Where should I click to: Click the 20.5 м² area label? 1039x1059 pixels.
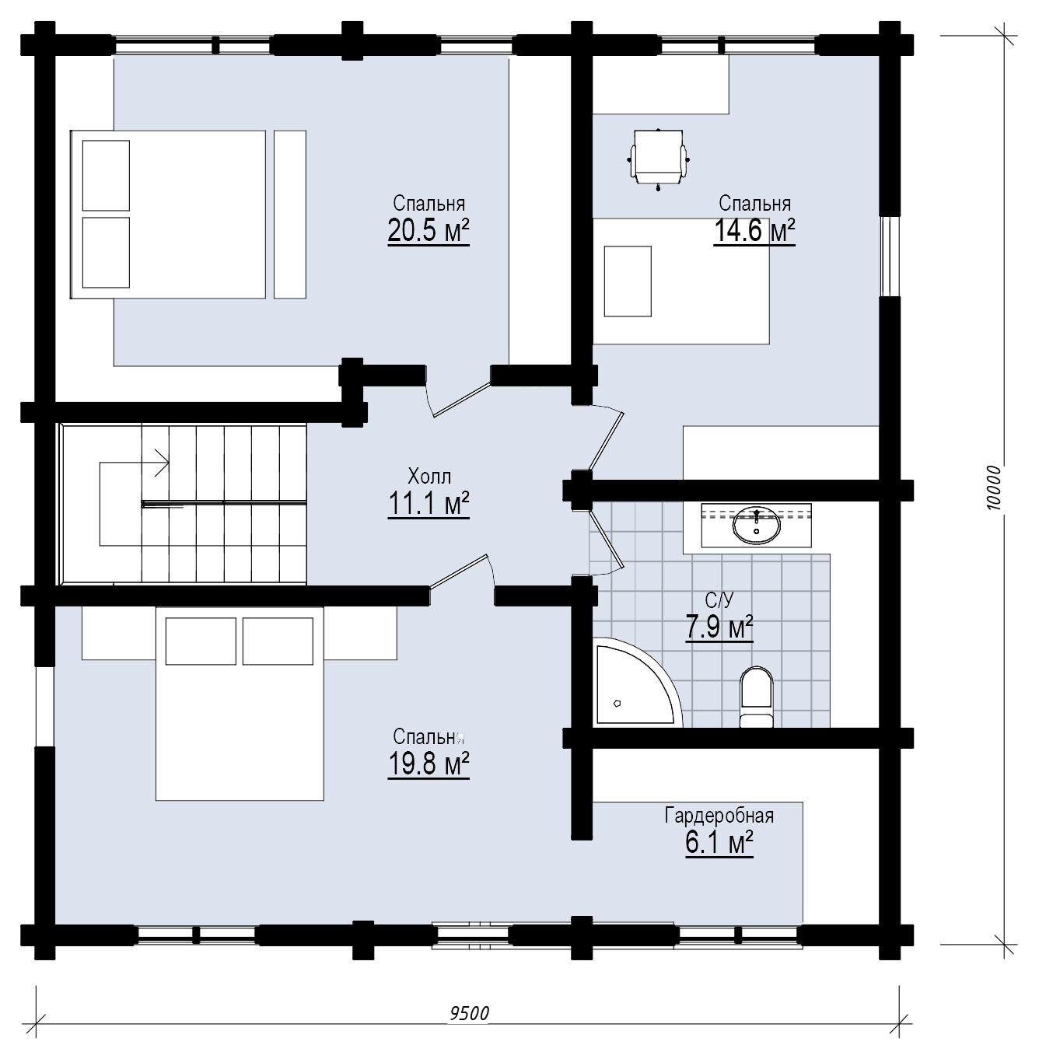tap(429, 230)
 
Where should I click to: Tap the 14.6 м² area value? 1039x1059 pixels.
tap(754, 230)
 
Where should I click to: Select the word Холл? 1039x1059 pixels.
tap(429, 476)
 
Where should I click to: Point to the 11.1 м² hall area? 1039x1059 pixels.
tap(429, 503)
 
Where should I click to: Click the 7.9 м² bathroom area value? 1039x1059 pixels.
tap(719, 627)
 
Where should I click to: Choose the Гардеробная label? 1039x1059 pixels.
tap(719, 816)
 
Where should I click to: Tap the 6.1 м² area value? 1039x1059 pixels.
tap(719, 843)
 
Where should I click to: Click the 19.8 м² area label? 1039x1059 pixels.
tap(429, 764)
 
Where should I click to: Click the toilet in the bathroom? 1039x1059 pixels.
tap(757, 697)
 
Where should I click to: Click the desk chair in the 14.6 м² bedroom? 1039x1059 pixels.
tap(658, 159)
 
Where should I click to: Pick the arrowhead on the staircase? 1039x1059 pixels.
tap(163, 463)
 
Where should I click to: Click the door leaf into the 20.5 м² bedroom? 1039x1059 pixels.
tap(462, 400)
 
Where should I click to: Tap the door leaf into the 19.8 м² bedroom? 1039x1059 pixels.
tap(459, 571)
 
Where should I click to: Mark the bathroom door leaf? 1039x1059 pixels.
tap(607, 539)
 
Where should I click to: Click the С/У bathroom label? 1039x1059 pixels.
tap(719, 599)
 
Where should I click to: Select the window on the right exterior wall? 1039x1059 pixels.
tap(890, 256)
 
